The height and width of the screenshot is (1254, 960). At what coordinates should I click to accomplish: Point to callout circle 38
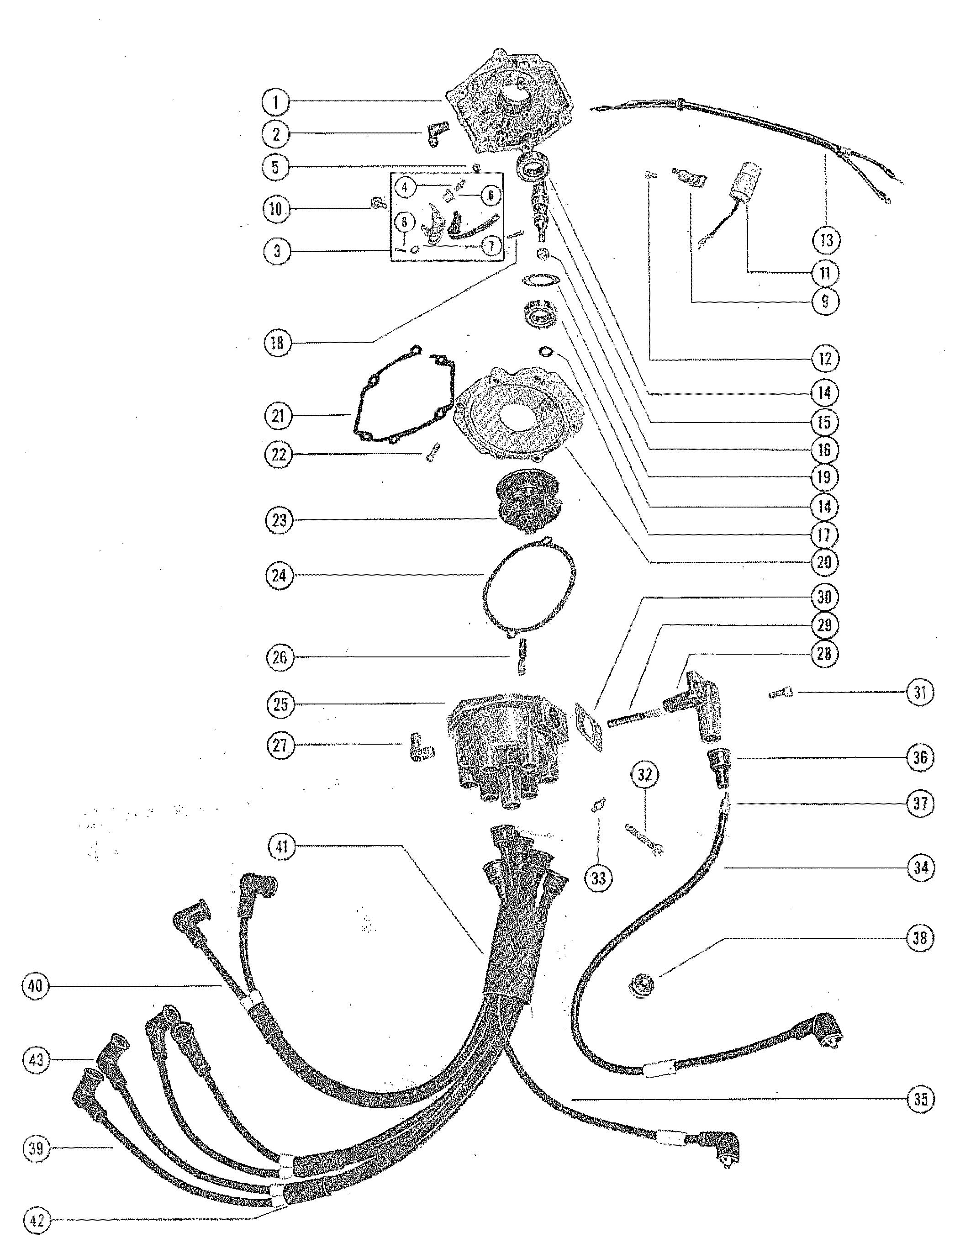coord(919,938)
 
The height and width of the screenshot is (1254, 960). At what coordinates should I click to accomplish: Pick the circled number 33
coord(598,877)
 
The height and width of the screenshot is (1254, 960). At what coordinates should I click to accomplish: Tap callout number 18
coord(278,343)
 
